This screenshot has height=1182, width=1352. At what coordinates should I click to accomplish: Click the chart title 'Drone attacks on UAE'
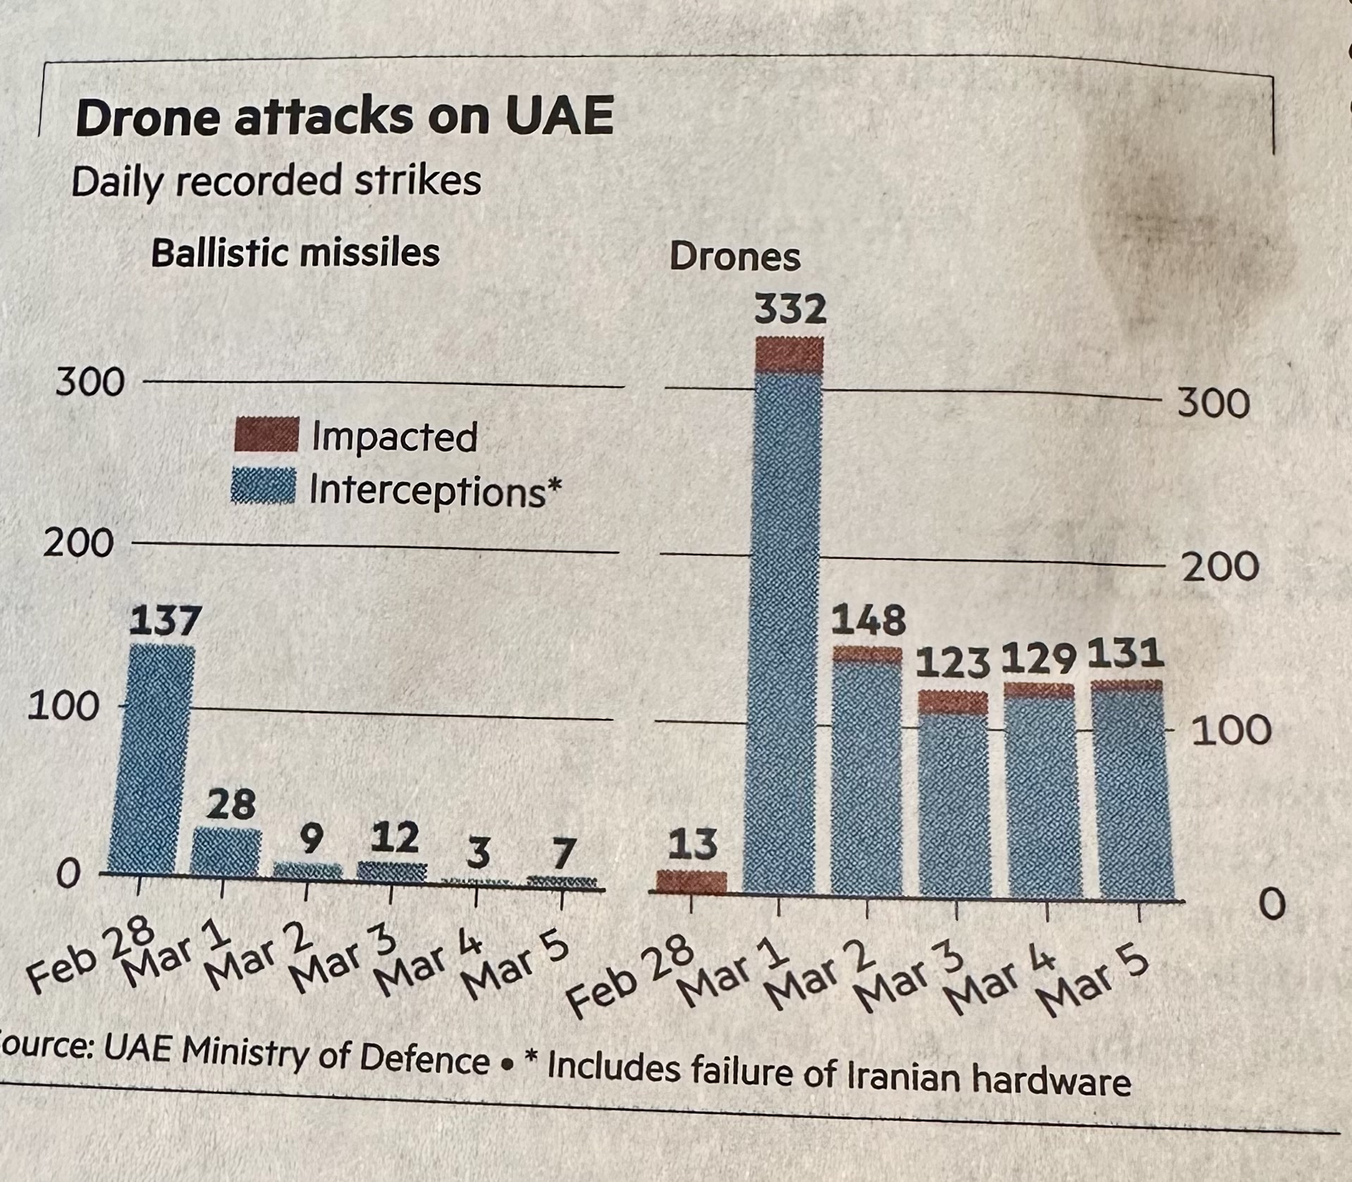[x=344, y=116]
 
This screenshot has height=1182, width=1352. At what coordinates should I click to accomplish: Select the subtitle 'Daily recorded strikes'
[x=276, y=180]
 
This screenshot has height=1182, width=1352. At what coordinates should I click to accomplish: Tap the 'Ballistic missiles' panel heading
[x=295, y=252]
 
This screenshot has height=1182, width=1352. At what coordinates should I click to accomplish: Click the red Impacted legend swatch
[x=266, y=434]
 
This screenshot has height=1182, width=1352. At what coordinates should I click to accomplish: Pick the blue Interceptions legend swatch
[x=264, y=486]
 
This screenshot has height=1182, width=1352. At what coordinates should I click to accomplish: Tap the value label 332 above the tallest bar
[x=789, y=310]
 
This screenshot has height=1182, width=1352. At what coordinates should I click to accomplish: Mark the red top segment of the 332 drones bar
[x=788, y=355]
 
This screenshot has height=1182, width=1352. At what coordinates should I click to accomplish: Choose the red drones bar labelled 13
[x=691, y=882]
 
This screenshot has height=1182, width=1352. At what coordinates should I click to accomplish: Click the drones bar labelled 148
[x=867, y=775]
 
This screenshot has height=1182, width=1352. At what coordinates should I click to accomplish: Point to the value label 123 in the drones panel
[x=952, y=665]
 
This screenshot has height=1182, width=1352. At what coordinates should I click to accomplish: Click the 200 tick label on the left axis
[x=78, y=543]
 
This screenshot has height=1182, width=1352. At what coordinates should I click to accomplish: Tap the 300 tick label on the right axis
[x=1213, y=402]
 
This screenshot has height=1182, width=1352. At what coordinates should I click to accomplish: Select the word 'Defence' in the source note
[x=424, y=1057]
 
